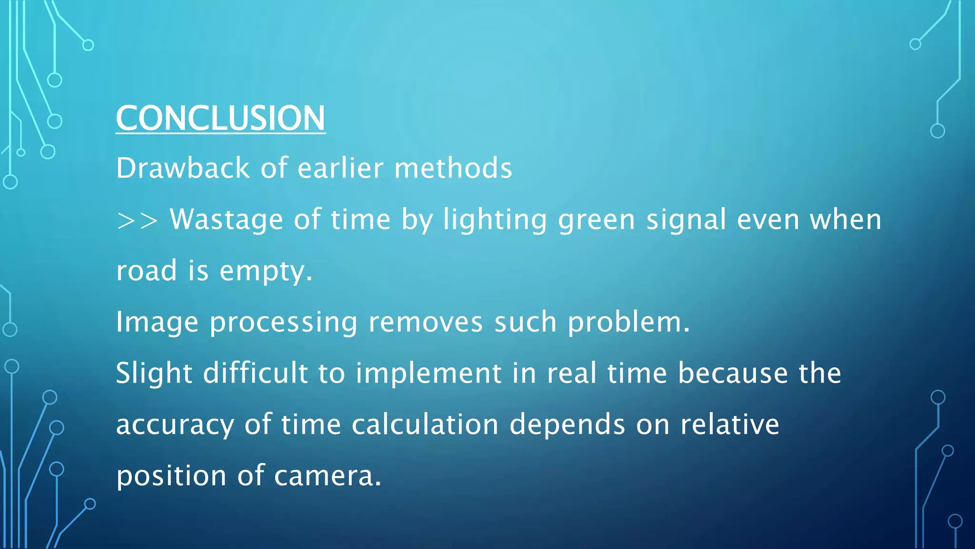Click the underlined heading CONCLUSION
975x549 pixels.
click(220, 118)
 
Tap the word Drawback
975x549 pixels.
click(183, 168)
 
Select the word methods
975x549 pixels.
click(453, 168)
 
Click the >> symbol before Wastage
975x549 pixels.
click(137, 221)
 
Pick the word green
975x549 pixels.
click(596, 221)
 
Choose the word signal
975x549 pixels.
click(686, 220)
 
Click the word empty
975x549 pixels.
click(265, 272)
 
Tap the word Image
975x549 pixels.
click(157, 323)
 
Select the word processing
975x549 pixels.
click(283, 323)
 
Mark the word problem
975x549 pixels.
click(628, 323)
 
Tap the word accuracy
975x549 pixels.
click(175, 425)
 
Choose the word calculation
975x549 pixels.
click(425, 425)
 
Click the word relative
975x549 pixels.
click(729, 425)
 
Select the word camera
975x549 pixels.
click(327, 476)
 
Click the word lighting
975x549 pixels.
click(495, 221)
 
